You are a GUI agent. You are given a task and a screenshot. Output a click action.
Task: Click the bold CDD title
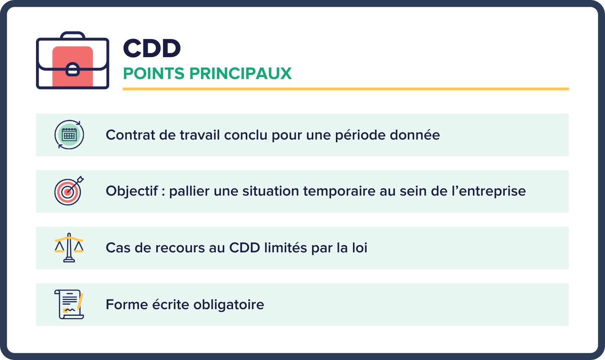[151, 48]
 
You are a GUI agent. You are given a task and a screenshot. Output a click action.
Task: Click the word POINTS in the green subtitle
[154, 73]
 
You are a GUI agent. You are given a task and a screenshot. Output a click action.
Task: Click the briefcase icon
[73, 61]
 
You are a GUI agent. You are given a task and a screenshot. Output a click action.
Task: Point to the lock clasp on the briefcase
[73, 69]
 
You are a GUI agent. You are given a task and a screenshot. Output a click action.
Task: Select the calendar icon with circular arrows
[69, 135]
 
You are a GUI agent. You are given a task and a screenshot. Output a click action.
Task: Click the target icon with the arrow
[69, 191]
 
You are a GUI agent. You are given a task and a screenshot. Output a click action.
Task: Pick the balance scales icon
[69, 248]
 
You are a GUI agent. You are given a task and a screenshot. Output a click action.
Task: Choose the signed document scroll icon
[69, 304]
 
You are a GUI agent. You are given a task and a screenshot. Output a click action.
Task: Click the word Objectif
[132, 191]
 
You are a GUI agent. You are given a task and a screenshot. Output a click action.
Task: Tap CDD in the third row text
[245, 248]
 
